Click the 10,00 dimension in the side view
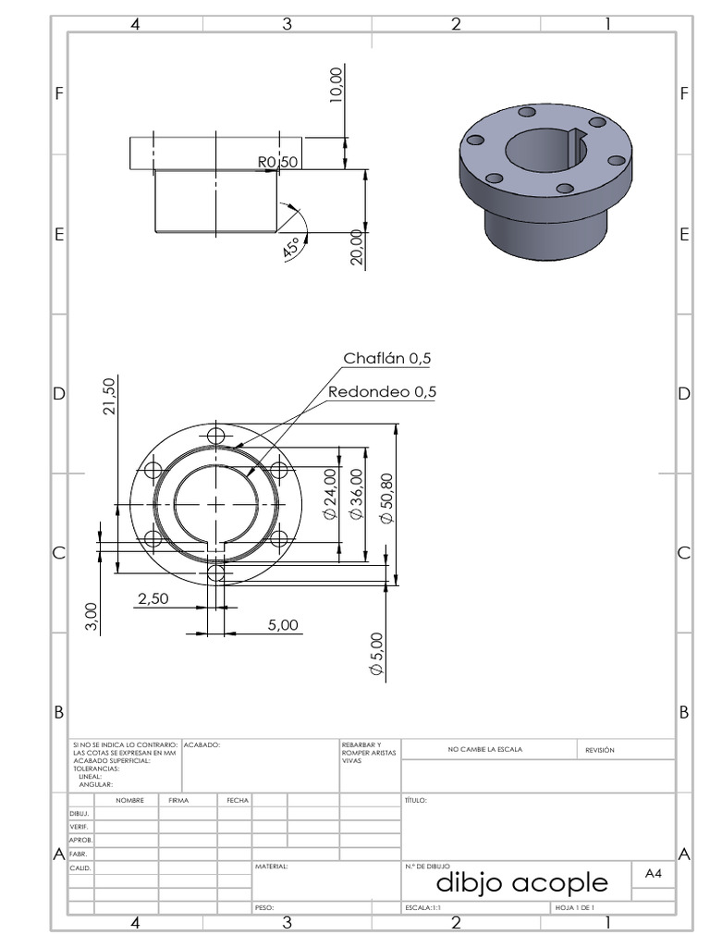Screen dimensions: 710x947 pyautogui.click(x=336, y=84)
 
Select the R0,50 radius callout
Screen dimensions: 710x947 pyautogui.click(x=277, y=162)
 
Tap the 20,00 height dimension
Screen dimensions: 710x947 pyautogui.click(x=357, y=247)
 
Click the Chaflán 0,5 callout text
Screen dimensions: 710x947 pyautogui.click(x=387, y=358)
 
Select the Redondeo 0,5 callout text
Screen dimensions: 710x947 pyautogui.click(x=382, y=392)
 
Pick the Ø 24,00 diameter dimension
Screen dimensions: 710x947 pyautogui.click(x=330, y=494)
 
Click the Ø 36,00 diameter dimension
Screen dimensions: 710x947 pyautogui.click(x=357, y=494)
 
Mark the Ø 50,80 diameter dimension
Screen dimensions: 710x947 pyautogui.click(x=386, y=498)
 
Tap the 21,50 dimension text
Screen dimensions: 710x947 pyautogui.click(x=109, y=396)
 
